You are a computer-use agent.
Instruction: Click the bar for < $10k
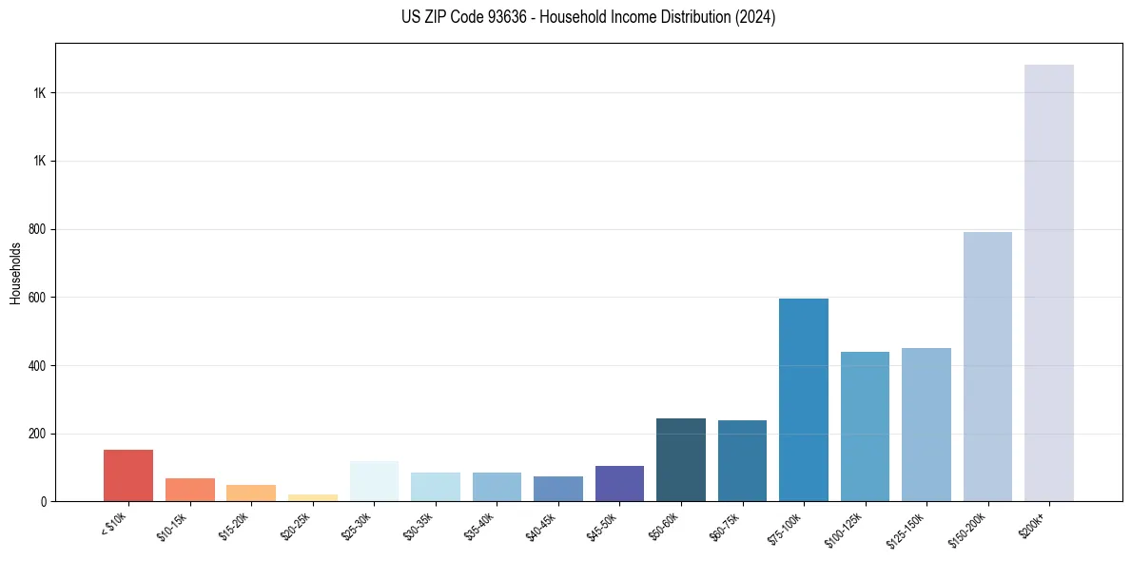coord(128,475)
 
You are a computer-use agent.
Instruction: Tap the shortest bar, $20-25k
coord(313,497)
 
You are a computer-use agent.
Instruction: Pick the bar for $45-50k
coord(619,483)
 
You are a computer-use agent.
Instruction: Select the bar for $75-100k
coord(804,399)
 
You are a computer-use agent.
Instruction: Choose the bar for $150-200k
coord(987,366)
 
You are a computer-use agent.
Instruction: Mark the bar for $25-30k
coord(374,481)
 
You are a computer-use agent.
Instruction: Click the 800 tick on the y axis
coord(38,229)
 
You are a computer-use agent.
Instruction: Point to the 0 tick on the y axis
coord(44,501)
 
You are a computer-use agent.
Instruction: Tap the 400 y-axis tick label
coord(38,365)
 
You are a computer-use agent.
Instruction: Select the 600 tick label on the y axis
coord(38,298)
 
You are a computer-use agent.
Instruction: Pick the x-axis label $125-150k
coord(906,528)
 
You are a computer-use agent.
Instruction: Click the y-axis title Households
coord(15,273)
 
